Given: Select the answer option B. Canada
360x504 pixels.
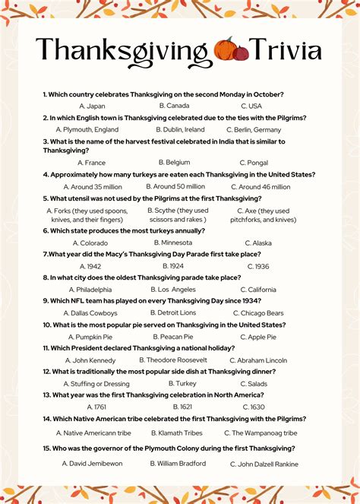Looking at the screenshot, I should point(174,106).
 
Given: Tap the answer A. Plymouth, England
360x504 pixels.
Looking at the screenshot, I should point(90,129).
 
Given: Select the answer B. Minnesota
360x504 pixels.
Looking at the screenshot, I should point(172,242).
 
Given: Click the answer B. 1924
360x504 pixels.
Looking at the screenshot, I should point(173,266).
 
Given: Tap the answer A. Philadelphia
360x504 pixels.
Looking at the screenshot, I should point(90,290).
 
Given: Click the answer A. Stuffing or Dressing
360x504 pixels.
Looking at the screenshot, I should point(96,384).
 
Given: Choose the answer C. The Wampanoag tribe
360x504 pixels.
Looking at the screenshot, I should point(264,433).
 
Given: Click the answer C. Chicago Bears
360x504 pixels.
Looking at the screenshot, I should point(258,313).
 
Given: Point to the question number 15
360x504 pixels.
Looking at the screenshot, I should point(47,449).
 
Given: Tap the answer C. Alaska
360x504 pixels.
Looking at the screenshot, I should point(258,243).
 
